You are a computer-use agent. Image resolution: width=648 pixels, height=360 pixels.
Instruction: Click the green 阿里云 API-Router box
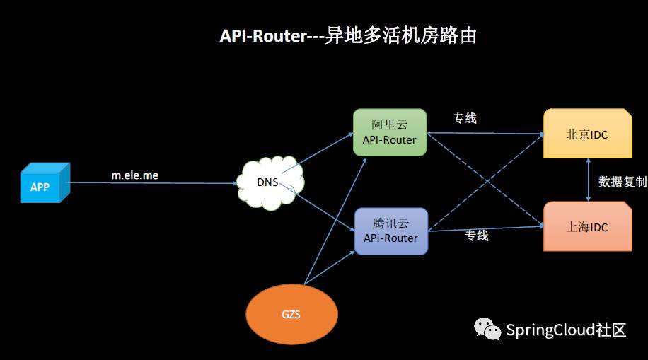pos(389,132)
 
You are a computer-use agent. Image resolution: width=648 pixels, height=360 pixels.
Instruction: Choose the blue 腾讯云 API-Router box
pos(390,231)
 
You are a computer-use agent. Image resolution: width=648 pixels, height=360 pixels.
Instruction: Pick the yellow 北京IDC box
pos(587,134)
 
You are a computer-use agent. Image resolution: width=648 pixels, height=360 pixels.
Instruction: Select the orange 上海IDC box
pos(587,226)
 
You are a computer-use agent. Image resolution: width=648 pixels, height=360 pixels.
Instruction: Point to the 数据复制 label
pos(623,181)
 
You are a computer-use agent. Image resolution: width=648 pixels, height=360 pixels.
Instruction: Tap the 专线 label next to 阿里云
pos(465,118)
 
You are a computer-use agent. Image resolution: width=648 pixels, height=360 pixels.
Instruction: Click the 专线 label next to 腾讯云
pos(476,236)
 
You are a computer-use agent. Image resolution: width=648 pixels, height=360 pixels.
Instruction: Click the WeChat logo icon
pos(488,329)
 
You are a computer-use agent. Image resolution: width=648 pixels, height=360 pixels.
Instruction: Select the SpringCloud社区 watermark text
pos(566,330)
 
